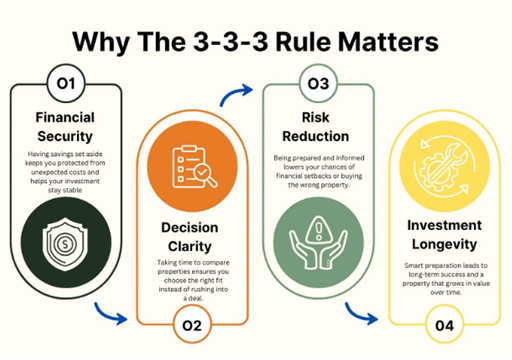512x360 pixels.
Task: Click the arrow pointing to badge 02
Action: (116, 318)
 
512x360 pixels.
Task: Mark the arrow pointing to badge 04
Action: (369, 318)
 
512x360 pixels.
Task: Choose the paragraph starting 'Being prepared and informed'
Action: (318, 171)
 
